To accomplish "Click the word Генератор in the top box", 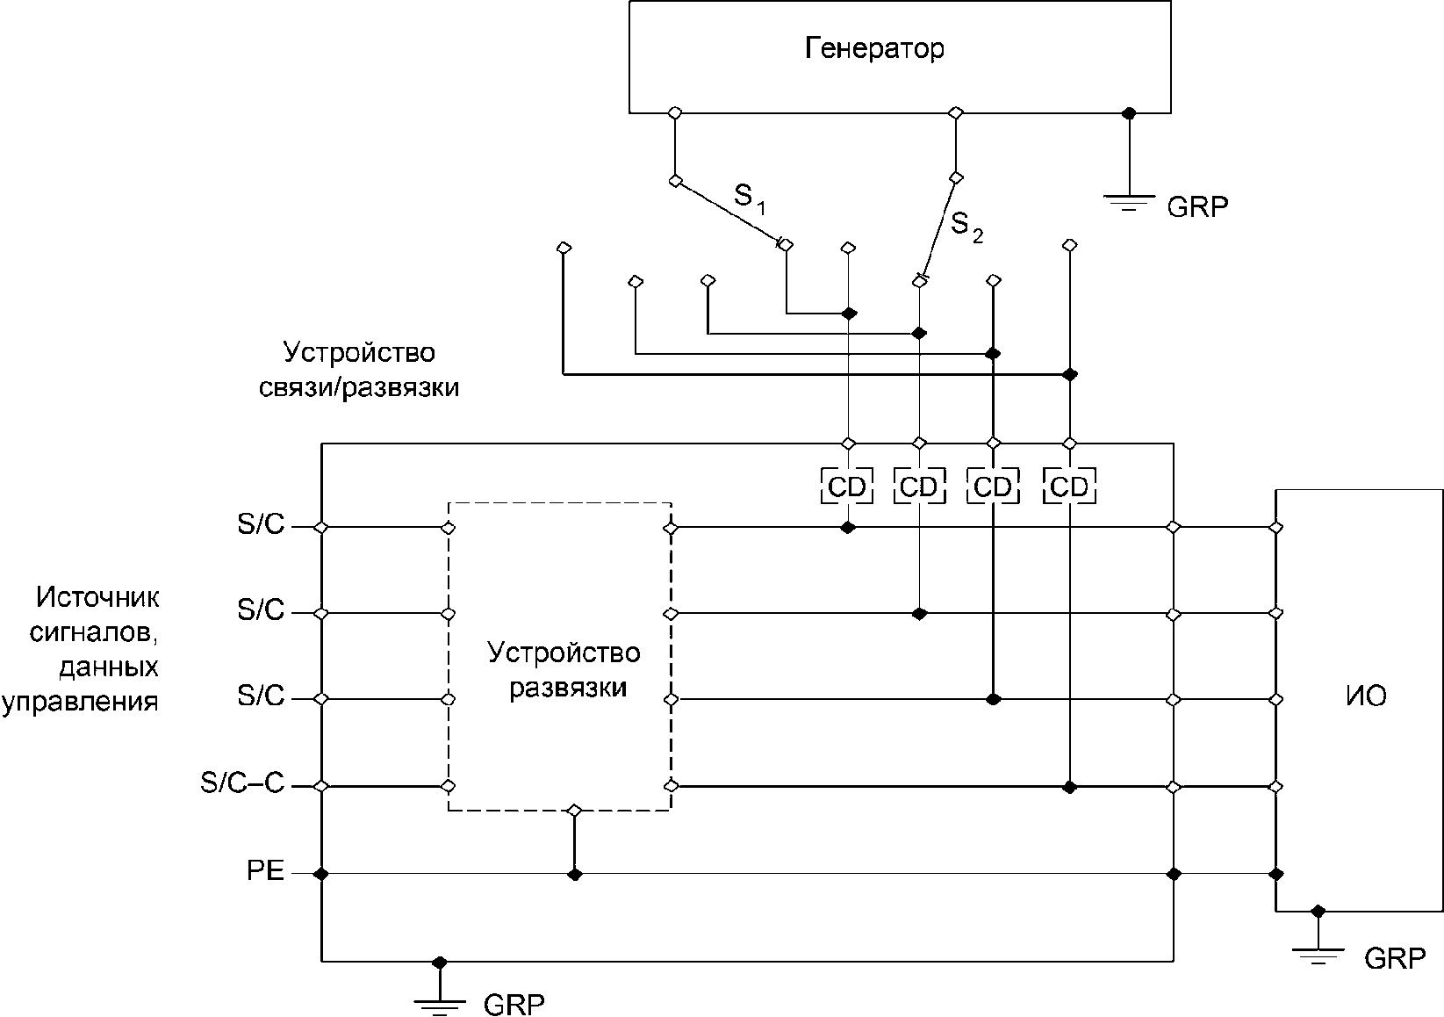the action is (x=874, y=48).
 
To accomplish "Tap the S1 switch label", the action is (x=750, y=198).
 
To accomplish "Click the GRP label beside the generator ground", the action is (x=1197, y=207).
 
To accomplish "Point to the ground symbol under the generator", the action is (x=1129, y=203).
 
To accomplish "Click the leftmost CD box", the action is (x=847, y=487).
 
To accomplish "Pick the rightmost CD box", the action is (x=1069, y=487).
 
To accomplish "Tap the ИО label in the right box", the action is (x=1366, y=696).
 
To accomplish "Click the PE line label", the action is (x=266, y=870).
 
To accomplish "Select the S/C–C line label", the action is (x=242, y=783).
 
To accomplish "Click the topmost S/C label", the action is (x=261, y=523).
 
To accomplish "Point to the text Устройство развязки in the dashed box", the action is (x=564, y=670).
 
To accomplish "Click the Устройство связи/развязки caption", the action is (x=359, y=370).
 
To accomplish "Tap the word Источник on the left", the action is (x=97, y=597).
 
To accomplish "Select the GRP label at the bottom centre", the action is (x=514, y=1004).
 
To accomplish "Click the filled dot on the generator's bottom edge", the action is (x=1129, y=113).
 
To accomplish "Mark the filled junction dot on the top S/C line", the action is (x=848, y=528).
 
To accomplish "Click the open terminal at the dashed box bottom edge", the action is (x=575, y=811).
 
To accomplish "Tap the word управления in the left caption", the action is (x=81, y=702).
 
